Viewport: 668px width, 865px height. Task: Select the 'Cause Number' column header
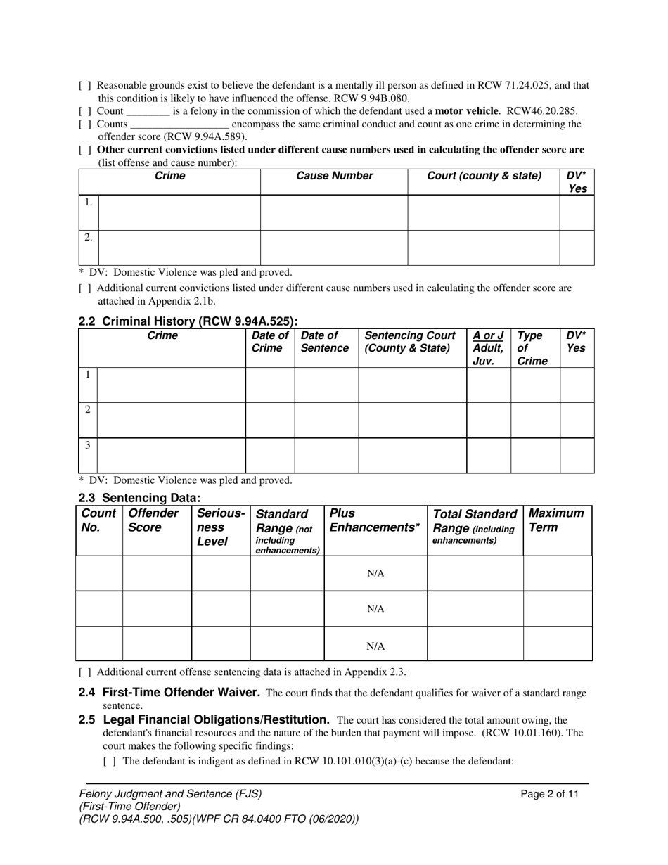tap(334, 176)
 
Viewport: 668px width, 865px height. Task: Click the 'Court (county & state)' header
tap(484, 176)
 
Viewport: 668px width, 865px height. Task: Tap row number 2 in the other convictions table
tap(88, 238)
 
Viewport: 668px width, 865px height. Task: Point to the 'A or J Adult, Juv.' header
tap(488, 348)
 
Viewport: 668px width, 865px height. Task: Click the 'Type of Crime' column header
tap(532, 348)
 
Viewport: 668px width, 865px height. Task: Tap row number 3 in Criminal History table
tap(87, 445)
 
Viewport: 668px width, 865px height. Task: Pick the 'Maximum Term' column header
tap(556, 520)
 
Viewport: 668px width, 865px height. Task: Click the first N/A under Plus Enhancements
tap(375, 573)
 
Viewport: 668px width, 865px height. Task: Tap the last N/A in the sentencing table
tap(375, 646)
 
